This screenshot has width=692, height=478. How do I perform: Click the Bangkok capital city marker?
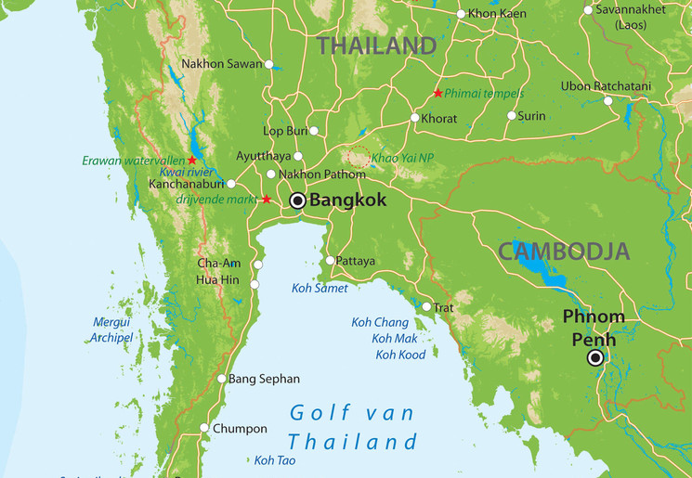pos(297,200)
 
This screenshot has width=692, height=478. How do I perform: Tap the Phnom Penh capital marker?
pos(595,357)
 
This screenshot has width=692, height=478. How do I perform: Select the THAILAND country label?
pos(376,45)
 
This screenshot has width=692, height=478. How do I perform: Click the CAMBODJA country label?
pos(564,251)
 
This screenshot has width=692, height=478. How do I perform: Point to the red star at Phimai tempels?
pos(437,93)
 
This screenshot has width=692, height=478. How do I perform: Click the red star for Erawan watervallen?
pos(192,161)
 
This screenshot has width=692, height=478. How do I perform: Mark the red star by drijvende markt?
pos(267,200)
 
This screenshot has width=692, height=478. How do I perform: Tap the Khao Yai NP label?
pos(402,159)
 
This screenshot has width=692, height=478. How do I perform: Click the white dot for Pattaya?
pos(330,261)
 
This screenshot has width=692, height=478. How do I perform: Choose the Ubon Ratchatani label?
pos(607,86)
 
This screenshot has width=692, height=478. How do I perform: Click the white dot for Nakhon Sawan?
pos(269,64)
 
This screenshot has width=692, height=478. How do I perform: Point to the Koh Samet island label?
pos(320,289)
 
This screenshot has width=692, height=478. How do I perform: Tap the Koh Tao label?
pos(275,460)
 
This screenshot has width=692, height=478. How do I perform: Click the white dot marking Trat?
pos(426,306)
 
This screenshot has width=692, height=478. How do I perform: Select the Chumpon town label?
pos(240,429)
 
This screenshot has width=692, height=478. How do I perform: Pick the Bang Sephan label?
pos(264,379)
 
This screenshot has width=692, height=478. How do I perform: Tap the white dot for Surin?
pos(511,116)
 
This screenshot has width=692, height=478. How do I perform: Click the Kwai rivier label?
pos(187,173)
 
